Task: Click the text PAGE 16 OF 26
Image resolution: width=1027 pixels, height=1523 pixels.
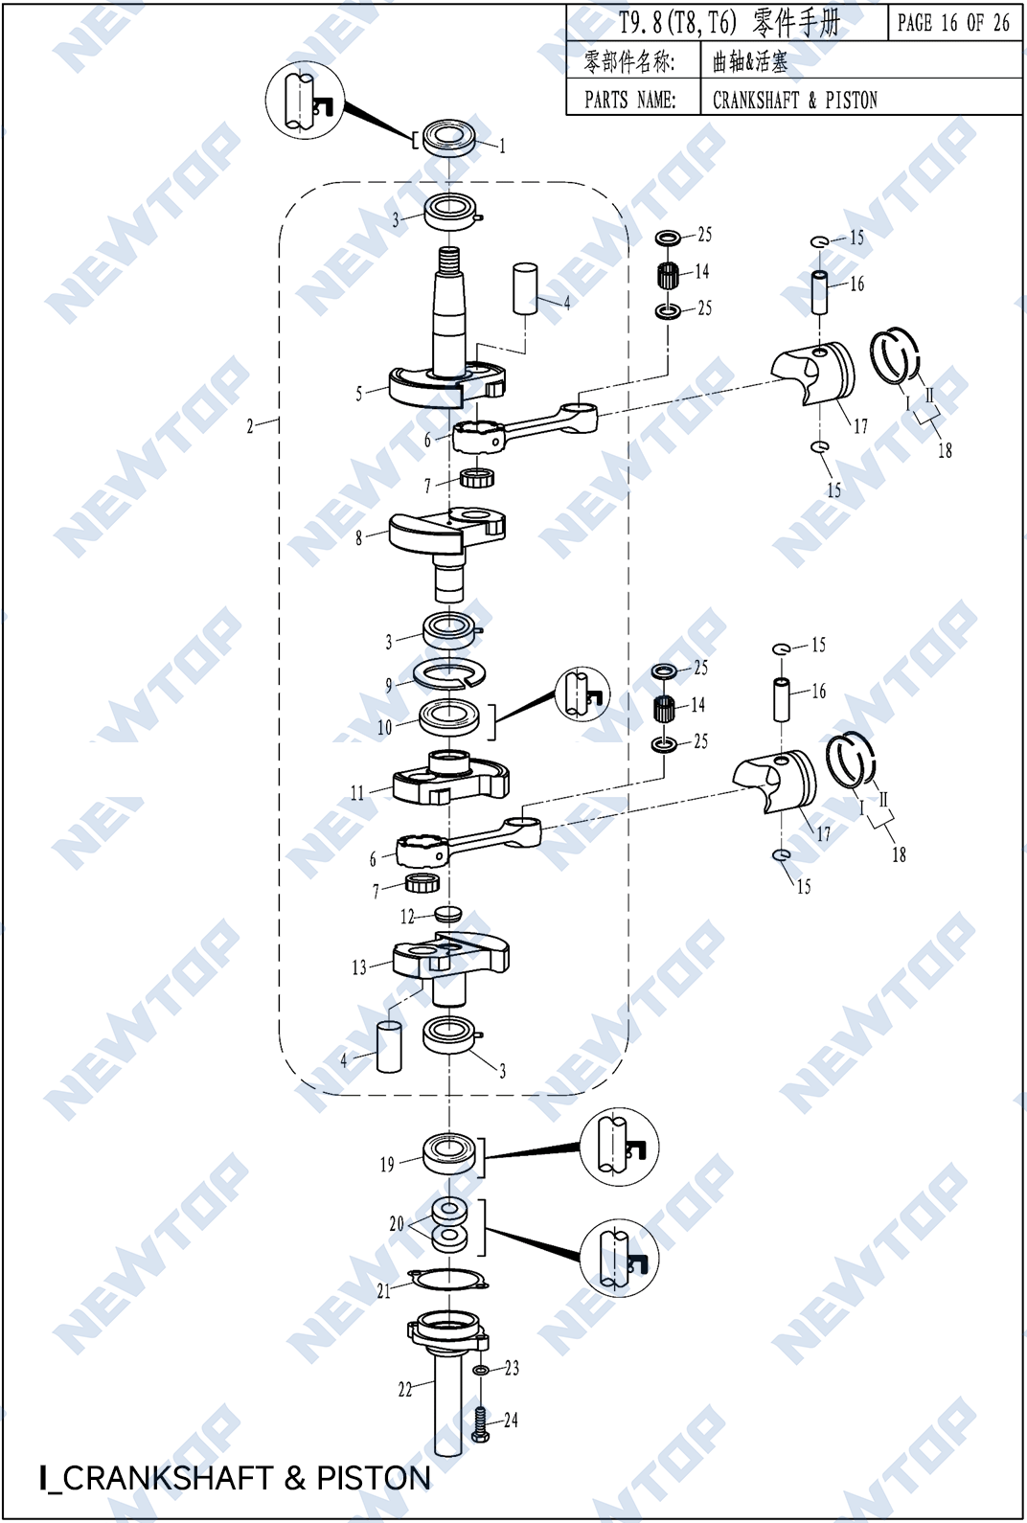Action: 953,23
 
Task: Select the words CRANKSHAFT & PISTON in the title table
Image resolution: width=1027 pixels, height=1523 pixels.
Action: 794,100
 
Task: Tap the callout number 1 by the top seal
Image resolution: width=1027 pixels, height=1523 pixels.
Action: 502,147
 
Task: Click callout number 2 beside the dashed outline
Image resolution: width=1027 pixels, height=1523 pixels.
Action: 250,426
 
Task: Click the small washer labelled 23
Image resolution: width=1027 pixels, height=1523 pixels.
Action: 482,1371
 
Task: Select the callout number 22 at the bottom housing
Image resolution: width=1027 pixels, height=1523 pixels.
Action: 404,1389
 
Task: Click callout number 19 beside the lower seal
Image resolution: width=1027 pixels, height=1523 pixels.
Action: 386,1165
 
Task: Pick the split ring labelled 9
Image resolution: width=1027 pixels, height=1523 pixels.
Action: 449,674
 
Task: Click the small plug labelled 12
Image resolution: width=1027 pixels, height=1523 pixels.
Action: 447,913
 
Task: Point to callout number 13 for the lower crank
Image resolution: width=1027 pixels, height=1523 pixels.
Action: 358,967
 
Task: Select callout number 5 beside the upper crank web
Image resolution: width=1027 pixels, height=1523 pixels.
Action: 358,394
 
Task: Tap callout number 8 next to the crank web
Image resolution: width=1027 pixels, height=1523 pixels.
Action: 358,537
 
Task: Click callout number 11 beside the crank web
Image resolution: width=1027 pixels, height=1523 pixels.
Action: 356,793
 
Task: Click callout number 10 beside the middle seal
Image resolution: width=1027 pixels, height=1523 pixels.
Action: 384,727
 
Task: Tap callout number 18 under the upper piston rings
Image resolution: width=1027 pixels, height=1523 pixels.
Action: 945,450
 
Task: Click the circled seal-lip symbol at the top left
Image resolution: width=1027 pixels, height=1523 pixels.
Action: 305,101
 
